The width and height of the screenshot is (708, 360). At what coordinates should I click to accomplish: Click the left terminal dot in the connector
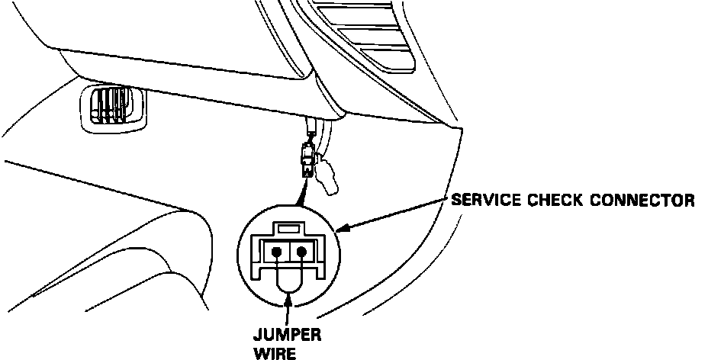click(x=277, y=251)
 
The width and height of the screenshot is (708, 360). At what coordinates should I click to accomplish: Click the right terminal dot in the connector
click(x=303, y=251)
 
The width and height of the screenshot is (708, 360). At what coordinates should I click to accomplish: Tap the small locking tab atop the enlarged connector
click(x=288, y=227)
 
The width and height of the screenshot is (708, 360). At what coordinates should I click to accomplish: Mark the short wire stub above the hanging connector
click(x=312, y=127)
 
